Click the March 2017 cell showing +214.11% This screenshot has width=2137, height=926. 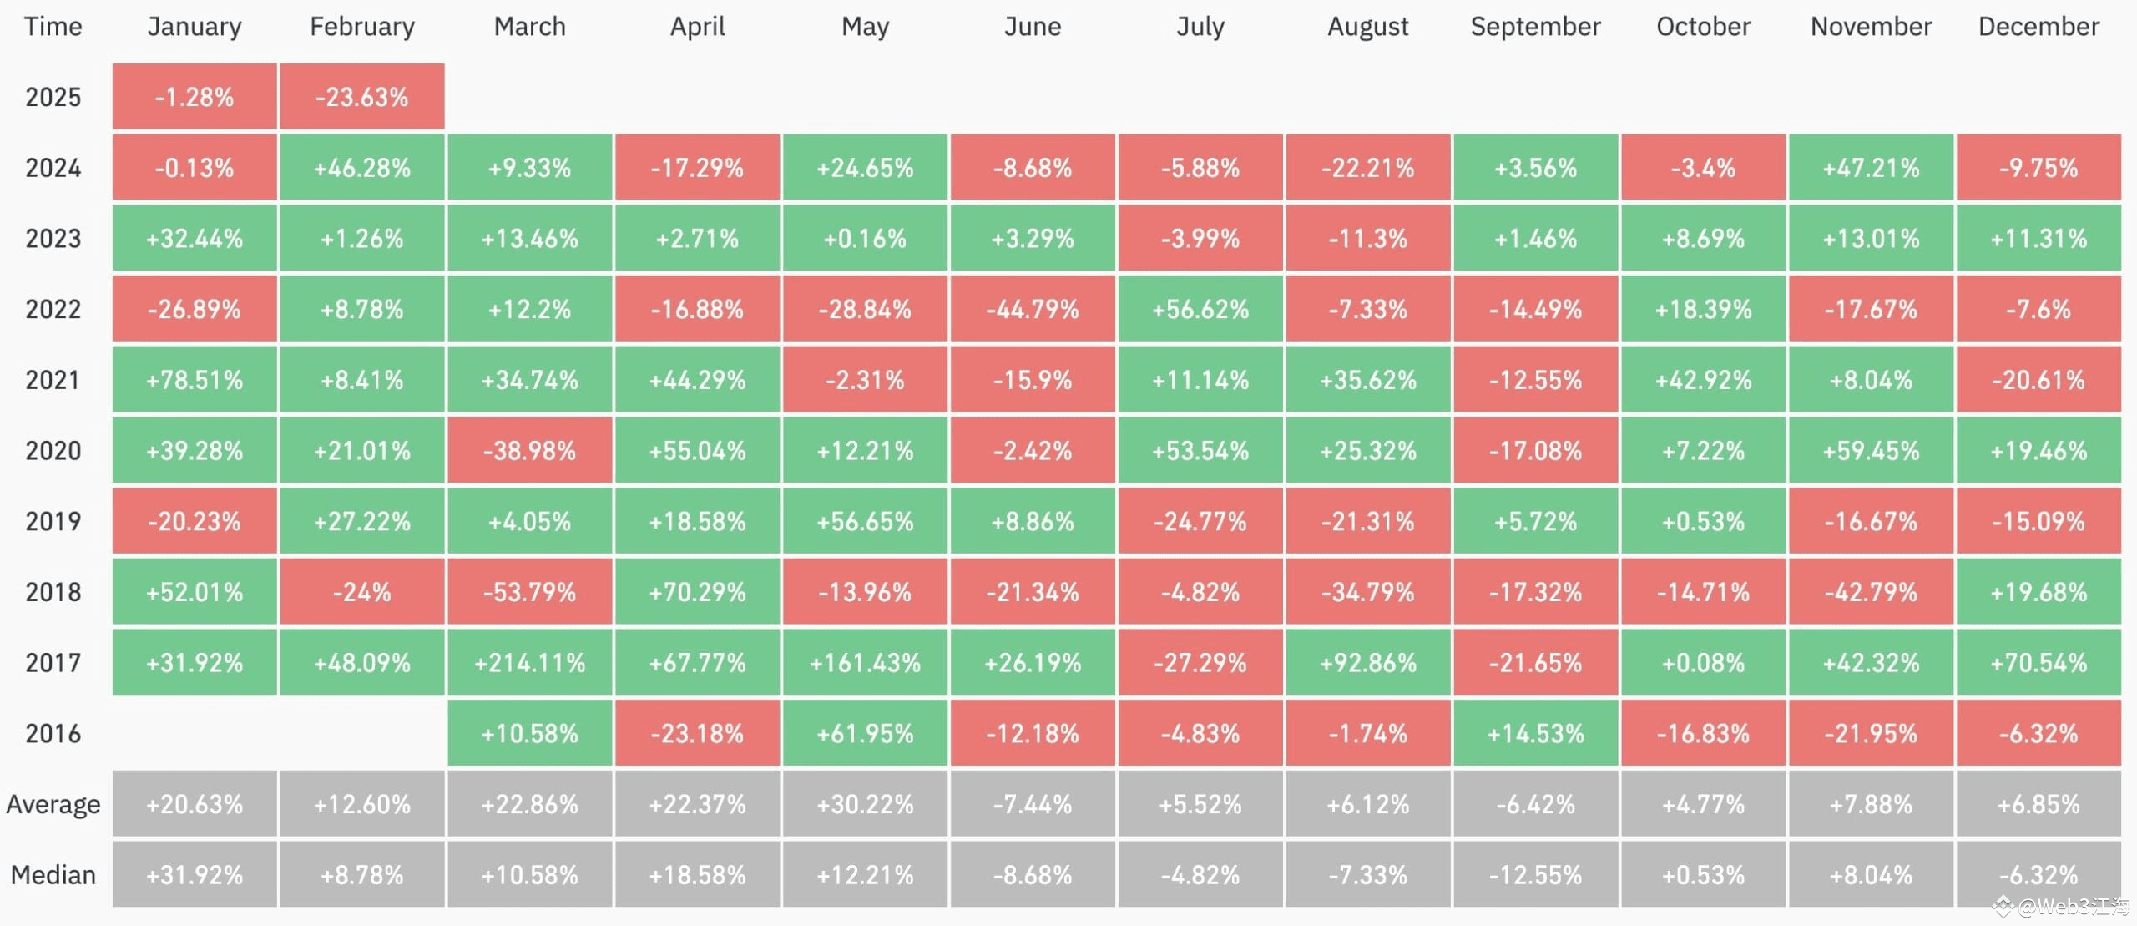tap(529, 663)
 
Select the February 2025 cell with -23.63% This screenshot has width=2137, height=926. tap(361, 97)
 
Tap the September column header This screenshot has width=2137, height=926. tap(1535, 27)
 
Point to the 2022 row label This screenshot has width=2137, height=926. tap(53, 310)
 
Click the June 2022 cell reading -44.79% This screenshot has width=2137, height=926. tap(1033, 310)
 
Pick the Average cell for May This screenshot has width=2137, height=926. tap(865, 804)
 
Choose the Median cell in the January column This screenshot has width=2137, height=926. tap(194, 875)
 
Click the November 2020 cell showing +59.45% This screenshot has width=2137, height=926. tap(1871, 451)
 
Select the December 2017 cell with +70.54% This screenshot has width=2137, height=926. tap(2038, 663)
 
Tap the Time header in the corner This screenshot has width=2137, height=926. tap(53, 27)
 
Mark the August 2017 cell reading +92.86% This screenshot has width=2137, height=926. tap(1367, 663)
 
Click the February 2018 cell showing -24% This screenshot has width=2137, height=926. tap(361, 593)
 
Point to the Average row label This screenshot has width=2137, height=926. tap(53, 804)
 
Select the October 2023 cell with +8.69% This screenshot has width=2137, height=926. tap(1703, 239)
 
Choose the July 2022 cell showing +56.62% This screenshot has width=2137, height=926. tap(1200, 310)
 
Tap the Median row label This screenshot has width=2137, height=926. tap(53, 875)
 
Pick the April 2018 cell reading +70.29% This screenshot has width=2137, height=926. tap(697, 593)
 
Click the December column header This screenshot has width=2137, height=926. tap(2038, 27)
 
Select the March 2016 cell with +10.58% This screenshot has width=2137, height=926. tap(529, 734)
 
